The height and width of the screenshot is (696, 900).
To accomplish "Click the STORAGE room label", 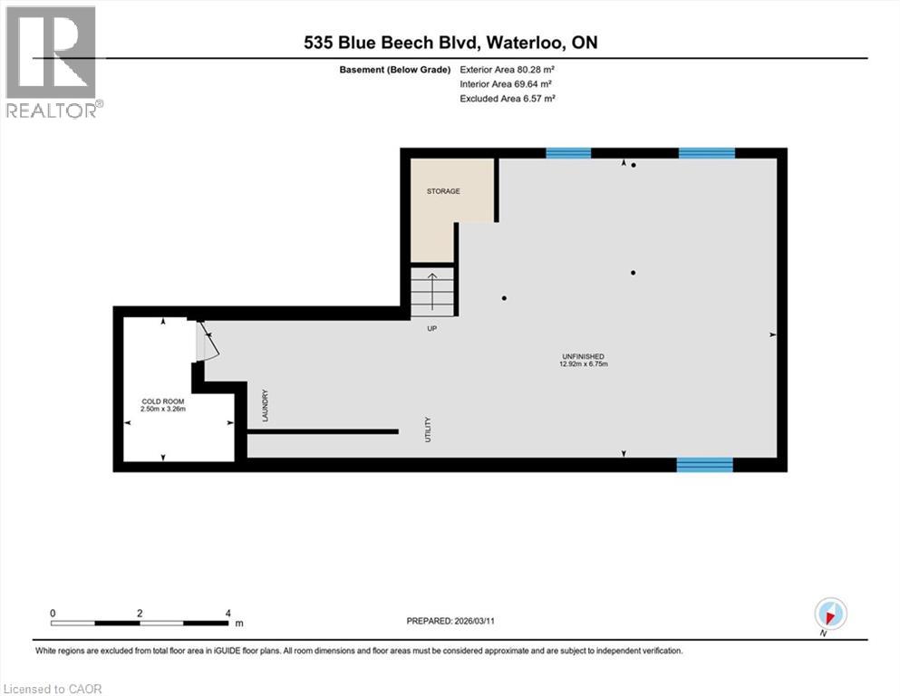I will [x=444, y=191].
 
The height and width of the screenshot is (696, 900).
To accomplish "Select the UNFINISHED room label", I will [x=583, y=356].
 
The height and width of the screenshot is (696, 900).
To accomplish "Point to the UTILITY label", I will [x=428, y=429].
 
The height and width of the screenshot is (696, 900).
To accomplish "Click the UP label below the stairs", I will [x=432, y=328].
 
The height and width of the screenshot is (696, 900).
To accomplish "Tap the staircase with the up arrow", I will [x=432, y=292].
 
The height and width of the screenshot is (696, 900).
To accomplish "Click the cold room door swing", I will [x=205, y=342].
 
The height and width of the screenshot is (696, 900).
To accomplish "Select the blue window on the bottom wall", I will [x=704, y=465].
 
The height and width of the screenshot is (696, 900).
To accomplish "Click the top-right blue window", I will [x=706, y=153].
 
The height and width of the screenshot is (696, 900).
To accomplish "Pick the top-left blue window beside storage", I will [x=568, y=153].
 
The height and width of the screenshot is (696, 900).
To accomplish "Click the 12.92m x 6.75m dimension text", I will [x=583, y=364].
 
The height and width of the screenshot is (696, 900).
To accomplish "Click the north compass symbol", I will [x=831, y=614].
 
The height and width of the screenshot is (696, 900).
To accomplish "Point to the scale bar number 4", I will [x=227, y=613].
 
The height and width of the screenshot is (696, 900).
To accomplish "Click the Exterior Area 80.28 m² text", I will [x=507, y=70].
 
